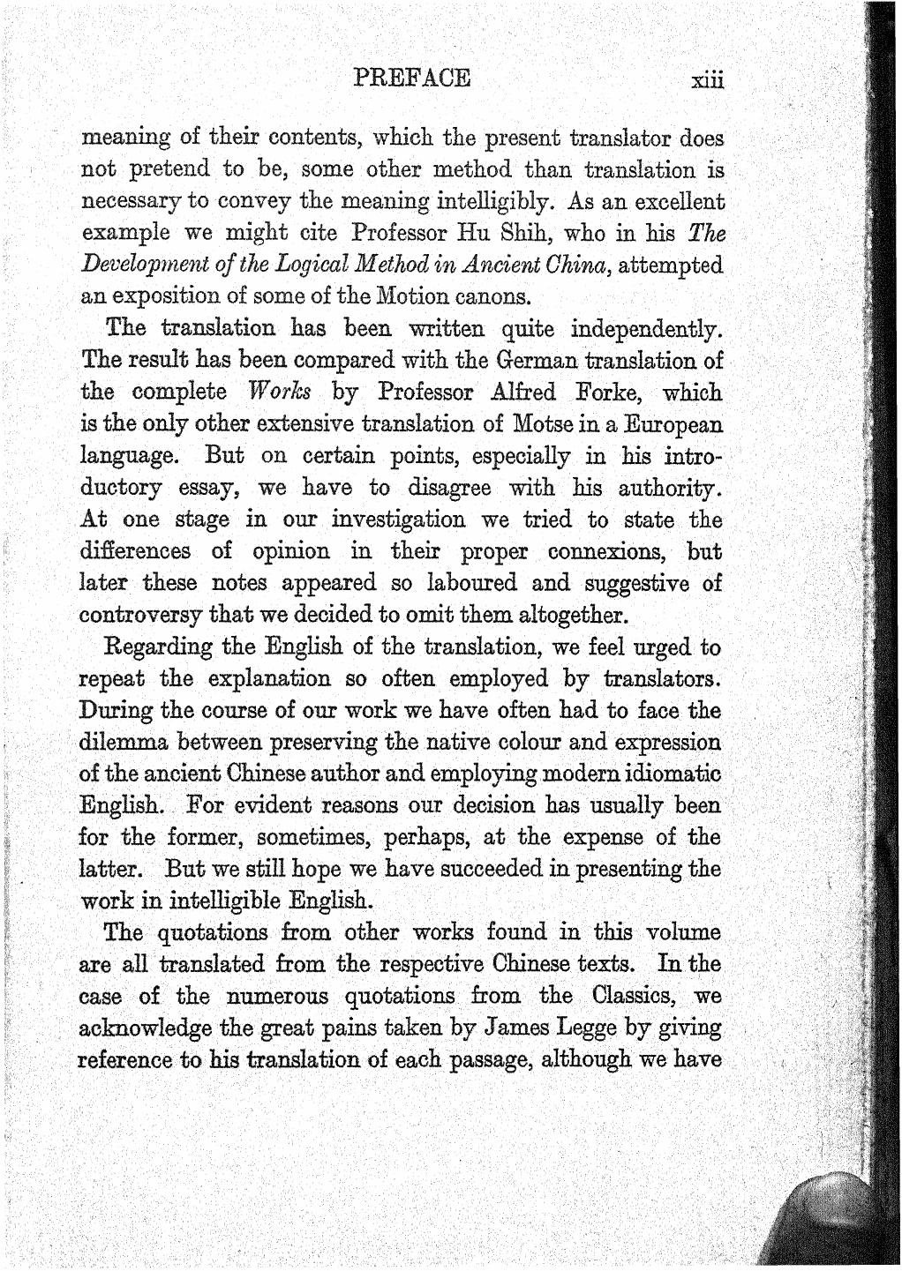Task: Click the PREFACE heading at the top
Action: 411,77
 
